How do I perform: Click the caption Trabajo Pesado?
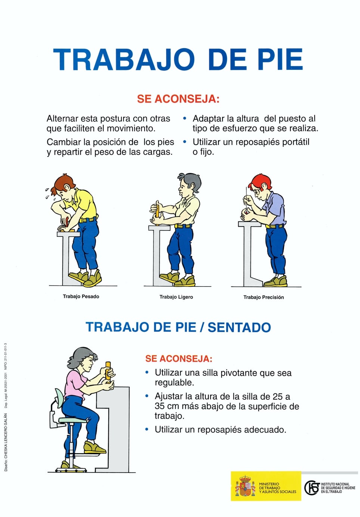click(x=81, y=297)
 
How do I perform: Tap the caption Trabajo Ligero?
click(x=176, y=297)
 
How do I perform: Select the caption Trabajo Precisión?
click(x=263, y=297)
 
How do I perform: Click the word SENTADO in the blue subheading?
click(x=239, y=328)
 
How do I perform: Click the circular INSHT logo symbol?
click(x=312, y=487)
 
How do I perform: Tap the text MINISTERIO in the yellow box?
click(x=269, y=484)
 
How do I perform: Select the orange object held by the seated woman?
click(x=108, y=371)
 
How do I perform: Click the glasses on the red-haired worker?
click(x=257, y=192)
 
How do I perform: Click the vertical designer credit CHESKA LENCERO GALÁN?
click(x=6, y=442)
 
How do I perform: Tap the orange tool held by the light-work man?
click(x=158, y=210)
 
